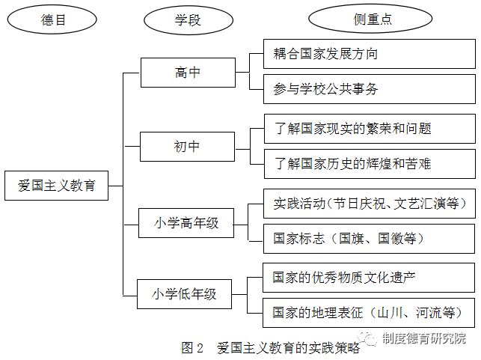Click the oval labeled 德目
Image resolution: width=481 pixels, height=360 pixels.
(54, 20)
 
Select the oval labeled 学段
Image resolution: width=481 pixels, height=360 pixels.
(184, 20)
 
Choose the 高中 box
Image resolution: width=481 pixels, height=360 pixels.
(187, 73)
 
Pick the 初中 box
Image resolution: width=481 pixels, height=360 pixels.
(187, 147)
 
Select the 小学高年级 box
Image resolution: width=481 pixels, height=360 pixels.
(187, 222)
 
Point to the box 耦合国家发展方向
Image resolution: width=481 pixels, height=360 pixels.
(370, 54)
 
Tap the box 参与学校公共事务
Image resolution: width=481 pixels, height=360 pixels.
(370, 89)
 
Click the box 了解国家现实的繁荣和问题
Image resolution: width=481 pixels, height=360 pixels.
(370, 129)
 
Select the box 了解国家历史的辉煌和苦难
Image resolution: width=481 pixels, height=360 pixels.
(370, 163)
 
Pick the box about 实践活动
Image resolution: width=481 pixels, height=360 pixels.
(370, 203)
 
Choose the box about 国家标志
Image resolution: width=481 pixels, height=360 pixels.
(370, 238)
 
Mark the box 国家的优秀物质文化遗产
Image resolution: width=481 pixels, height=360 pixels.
(370, 277)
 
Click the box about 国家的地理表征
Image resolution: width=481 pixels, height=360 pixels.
(370, 311)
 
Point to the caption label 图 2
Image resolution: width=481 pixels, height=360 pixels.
(192, 347)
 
